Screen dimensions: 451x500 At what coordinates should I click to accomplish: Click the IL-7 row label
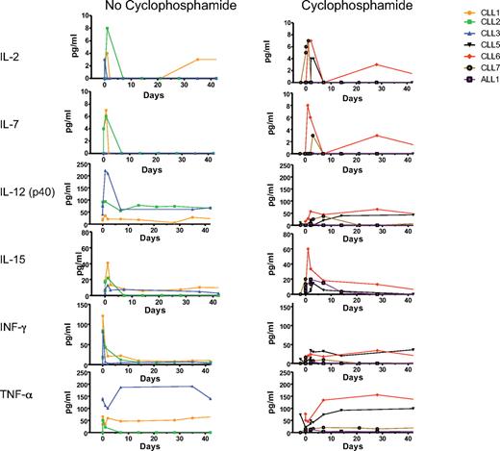[x=16, y=124]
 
